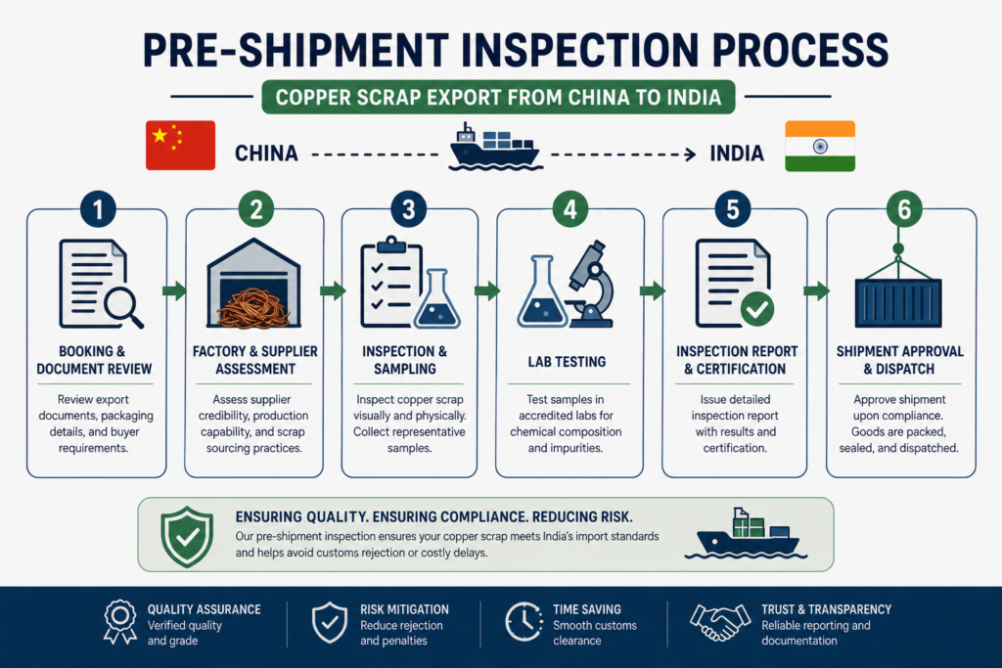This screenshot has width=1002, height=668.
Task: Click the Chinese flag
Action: coord(180,145)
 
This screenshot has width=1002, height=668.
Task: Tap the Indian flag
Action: coord(820,146)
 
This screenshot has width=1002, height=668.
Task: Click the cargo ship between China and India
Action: coord(494,148)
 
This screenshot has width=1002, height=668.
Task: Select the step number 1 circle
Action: coord(98,209)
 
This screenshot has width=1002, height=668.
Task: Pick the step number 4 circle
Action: coord(570,209)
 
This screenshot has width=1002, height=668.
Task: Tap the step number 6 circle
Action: coord(904,209)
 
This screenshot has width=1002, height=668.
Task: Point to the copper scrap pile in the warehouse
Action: coord(253,308)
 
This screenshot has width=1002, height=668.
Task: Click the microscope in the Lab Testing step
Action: coord(590,284)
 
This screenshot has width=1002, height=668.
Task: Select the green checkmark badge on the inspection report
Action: coord(757,309)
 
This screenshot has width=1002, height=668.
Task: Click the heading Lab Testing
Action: coord(567,362)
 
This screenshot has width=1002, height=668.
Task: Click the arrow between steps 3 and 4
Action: coord(487,291)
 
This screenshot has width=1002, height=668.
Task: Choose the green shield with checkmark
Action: coord(187,536)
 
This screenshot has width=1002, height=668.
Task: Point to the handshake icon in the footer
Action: coord(719,622)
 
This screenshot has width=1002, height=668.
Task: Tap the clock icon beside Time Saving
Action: coord(524,621)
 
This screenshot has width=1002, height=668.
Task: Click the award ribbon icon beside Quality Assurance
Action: coord(120,621)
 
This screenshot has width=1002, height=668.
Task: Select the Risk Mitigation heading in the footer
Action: coord(404,609)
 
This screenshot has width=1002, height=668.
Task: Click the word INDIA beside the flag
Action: coord(737,154)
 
